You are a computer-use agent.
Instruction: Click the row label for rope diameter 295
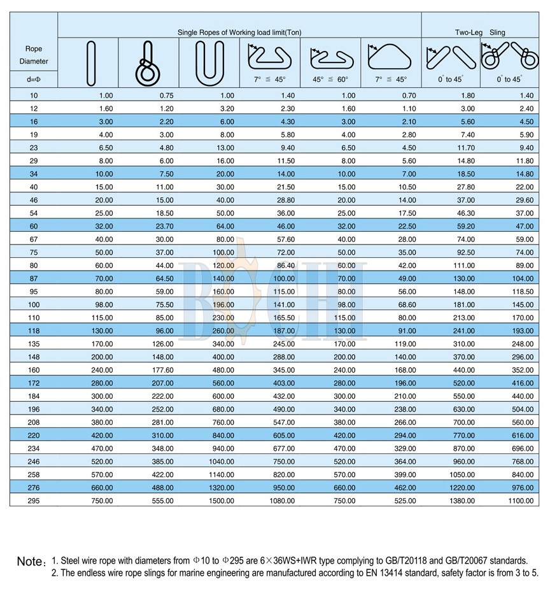tap(33, 501)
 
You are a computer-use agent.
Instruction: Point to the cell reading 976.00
tap(519, 487)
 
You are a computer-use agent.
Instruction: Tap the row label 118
tap(33, 330)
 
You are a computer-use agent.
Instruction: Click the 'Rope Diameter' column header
tap(33, 55)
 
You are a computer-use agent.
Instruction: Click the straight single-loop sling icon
tap(91, 62)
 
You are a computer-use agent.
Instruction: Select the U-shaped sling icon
tap(209, 62)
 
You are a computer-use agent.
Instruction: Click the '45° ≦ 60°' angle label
tap(330, 80)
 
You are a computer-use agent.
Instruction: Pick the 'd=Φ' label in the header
tap(33, 80)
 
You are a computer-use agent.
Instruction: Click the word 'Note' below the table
tap(29, 562)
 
